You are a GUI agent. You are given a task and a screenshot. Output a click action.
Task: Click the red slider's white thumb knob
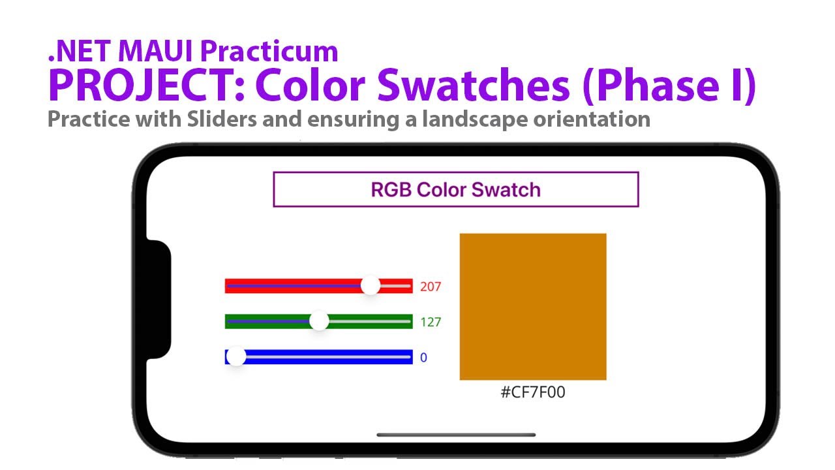point(371,285)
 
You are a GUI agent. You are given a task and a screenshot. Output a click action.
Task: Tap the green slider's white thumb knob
point(319,321)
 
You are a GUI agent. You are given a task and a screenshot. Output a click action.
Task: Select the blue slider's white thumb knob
point(235,356)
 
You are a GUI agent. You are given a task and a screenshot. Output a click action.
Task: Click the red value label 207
point(431,287)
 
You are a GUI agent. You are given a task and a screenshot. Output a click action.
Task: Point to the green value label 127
point(431,322)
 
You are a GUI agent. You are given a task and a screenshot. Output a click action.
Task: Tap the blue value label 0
point(424,358)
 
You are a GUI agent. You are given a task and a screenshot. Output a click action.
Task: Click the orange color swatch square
point(533,306)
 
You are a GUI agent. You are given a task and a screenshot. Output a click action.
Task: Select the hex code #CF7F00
point(533,392)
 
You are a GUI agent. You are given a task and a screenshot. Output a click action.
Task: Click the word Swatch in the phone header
point(506,190)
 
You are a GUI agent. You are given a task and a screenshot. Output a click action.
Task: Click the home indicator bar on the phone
point(456,434)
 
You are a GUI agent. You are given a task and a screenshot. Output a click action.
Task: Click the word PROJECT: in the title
point(136,86)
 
